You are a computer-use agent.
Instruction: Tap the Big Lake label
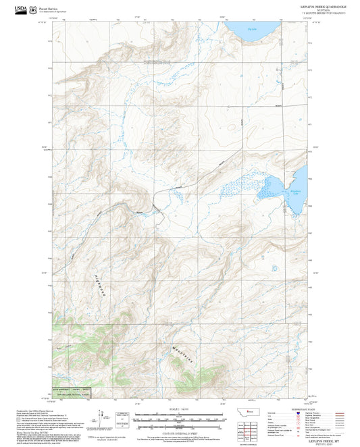[x=253, y=30]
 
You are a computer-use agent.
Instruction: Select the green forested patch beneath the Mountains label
[x=189, y=370]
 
